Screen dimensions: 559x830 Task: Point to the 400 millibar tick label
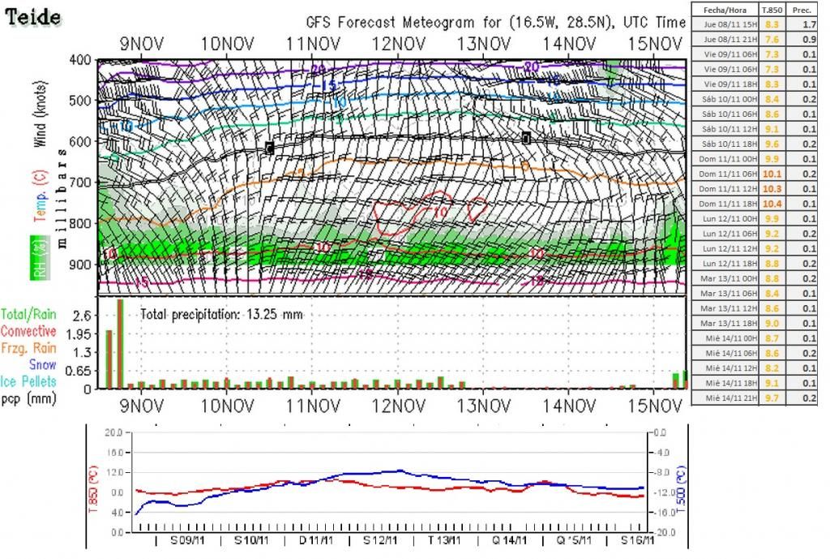(80, 60)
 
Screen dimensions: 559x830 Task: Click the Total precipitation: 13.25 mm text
(221, 313)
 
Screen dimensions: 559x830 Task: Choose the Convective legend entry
(28, 331)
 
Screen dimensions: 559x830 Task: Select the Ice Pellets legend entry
(29, 381)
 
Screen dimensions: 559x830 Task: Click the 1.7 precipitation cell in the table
(809, 24)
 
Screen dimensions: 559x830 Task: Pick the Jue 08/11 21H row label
(725, 38)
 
